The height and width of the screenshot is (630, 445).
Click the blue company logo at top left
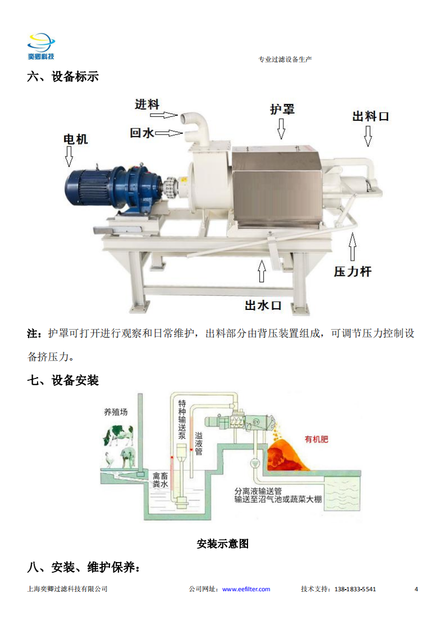coord(41,47)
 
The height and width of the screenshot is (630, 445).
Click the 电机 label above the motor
coord(76,139)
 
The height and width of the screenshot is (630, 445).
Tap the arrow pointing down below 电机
coord(69,156)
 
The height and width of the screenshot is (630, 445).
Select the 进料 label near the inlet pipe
coord(147,104)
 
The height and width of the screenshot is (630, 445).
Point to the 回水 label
coord(142,133)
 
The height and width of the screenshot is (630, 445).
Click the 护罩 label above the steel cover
coord(282,109)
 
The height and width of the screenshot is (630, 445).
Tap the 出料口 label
coord(371,117)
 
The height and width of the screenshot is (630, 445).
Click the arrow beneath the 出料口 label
coord(368,136)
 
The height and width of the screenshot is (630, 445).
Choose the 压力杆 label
coord(352,272)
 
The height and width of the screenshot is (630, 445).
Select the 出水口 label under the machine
coord(264,305)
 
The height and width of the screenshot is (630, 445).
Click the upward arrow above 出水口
coord(262,271)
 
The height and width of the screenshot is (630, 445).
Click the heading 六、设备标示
coord(63,76)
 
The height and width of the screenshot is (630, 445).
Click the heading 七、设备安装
coord(63,380)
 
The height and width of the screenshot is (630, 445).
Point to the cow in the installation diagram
coord(118,435)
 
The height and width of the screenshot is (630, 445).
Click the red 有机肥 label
coord(316,439)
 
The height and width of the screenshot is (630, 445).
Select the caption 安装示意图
coord(222,544)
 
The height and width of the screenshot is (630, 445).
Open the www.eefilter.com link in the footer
coord(246,589)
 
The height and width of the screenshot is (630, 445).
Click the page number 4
coord(416,589)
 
